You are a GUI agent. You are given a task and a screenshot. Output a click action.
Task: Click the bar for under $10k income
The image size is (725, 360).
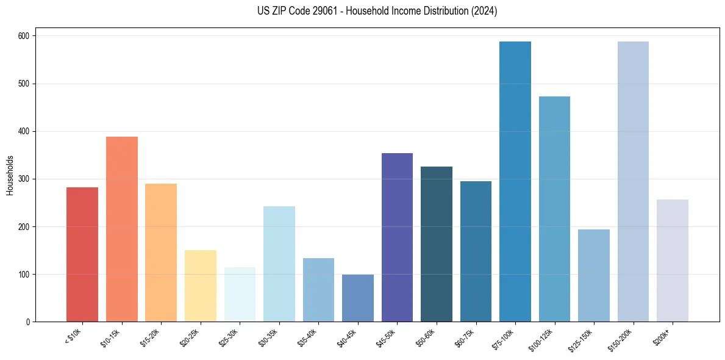tap(82, 254)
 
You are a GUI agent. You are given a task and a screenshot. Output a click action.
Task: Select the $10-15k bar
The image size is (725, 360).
tap(122, 229)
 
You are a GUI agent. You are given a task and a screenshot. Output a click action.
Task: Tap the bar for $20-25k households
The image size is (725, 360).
tap(201, 286)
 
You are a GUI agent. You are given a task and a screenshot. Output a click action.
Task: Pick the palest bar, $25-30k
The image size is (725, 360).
tap(240, 295)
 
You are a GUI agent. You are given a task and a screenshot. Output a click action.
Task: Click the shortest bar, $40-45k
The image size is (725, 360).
tap(358, 298)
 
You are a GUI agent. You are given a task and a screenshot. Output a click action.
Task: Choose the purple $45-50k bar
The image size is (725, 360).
tap(397, 237)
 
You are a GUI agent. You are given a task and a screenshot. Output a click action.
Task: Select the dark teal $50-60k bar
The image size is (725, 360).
tap(437, 244)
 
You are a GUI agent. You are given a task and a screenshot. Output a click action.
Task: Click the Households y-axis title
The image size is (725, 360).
tap(10, 175)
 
